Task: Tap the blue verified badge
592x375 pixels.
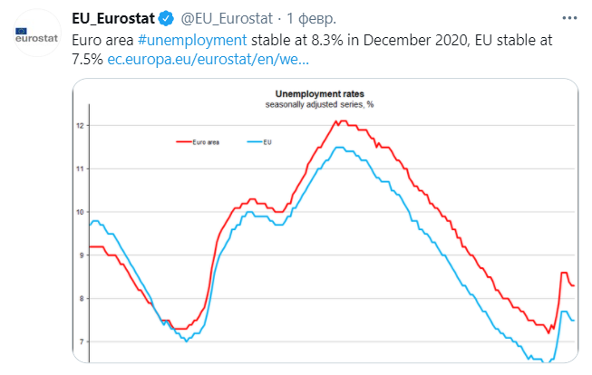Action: [x=167, y=18]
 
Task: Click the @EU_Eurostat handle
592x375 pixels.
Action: [x=223, y=18]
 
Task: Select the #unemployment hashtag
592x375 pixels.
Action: [x=193, y=40]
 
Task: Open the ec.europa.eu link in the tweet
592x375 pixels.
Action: [x=208, y=60]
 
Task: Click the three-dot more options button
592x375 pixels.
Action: [x=568, y=18]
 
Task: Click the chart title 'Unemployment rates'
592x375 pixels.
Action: [x=313, y=93]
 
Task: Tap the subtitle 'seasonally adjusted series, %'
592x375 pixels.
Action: [x=313, y=105]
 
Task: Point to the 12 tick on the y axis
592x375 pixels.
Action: [x=81, y=125]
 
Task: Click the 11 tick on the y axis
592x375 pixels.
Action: [x=81, y=168]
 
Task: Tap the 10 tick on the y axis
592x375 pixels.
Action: [x=81, y=212]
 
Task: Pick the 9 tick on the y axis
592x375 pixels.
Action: [x=81, y=255]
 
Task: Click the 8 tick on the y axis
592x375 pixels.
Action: [x=81, y=298]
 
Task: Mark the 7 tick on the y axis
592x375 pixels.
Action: [x=81, y=341]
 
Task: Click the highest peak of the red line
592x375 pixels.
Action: [x=337, y=121]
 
